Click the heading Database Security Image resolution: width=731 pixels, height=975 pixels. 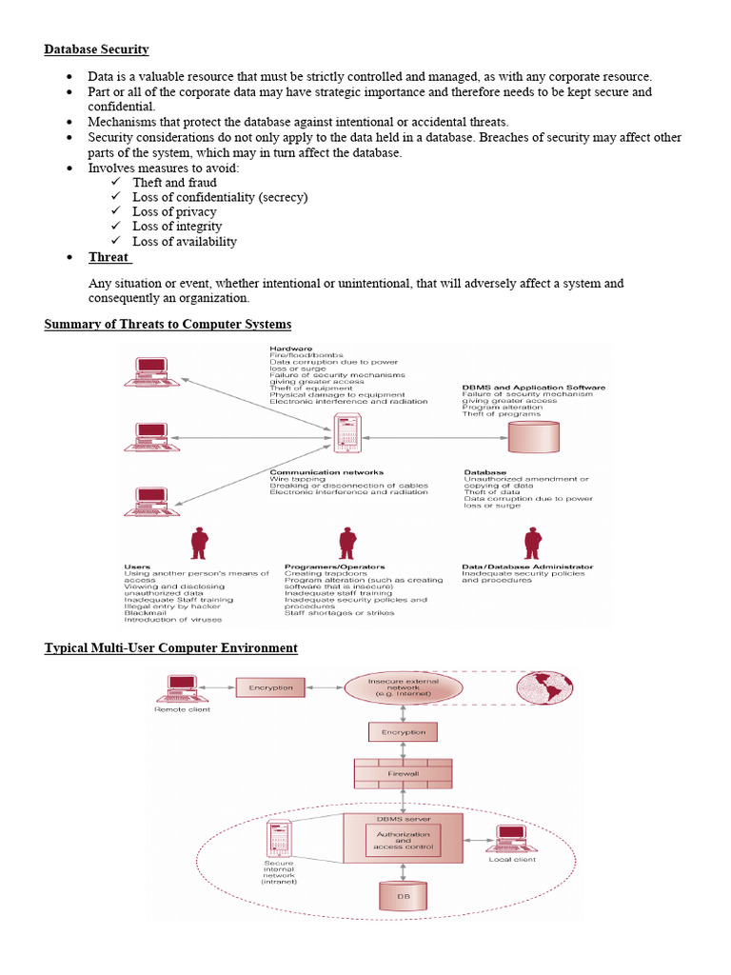pos(96,49)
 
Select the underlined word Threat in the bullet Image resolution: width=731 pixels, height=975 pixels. pos(109,257)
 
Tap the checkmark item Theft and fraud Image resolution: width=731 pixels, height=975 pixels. pos(174,182)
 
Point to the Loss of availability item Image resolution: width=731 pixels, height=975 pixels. pos(185,241)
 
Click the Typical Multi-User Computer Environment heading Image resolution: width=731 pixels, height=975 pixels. pos(171,647)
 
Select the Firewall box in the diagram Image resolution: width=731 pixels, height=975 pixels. pos(404,773)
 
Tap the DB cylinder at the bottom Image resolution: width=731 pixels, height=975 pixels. pos(404,896)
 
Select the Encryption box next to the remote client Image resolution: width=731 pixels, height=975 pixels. pos(271,687)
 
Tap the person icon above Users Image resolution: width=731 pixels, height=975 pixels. pos(199,543)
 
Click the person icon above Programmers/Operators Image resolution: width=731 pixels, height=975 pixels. pos(347,543)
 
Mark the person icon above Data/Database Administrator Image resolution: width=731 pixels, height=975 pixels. pos(531,543)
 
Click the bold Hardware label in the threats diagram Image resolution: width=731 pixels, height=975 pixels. pos(290,349)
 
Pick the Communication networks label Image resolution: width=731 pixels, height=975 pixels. pos(326,472)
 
